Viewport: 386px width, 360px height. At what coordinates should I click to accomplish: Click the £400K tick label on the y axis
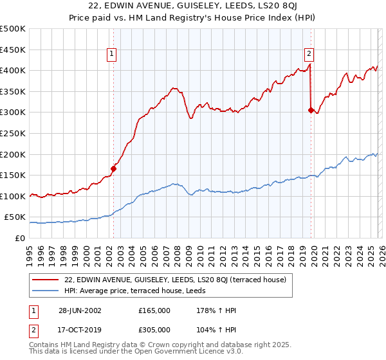(x=13, y=70)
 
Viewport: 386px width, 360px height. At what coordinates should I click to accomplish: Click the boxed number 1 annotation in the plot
(x=113, y=54)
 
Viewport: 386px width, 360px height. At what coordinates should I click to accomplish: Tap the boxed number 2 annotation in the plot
(x=309, y=54)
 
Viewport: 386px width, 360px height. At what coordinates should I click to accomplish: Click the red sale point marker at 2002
(x=113, y=169)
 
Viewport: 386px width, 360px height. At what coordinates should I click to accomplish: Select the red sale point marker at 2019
(x=311, y=110)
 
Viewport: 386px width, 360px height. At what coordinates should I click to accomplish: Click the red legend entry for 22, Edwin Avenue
(x=179, y=279)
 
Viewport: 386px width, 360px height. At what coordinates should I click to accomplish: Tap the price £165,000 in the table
(x=154, y=310)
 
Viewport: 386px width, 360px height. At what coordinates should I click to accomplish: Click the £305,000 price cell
(x=154, y=329)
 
